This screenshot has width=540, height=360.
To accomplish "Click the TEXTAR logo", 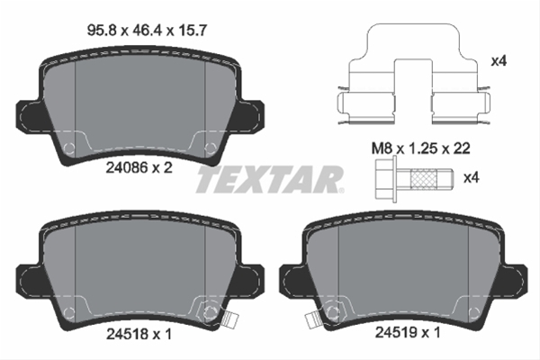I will [x=269, y=180].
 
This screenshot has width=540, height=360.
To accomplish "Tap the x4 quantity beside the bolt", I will [x=497, y=178].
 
